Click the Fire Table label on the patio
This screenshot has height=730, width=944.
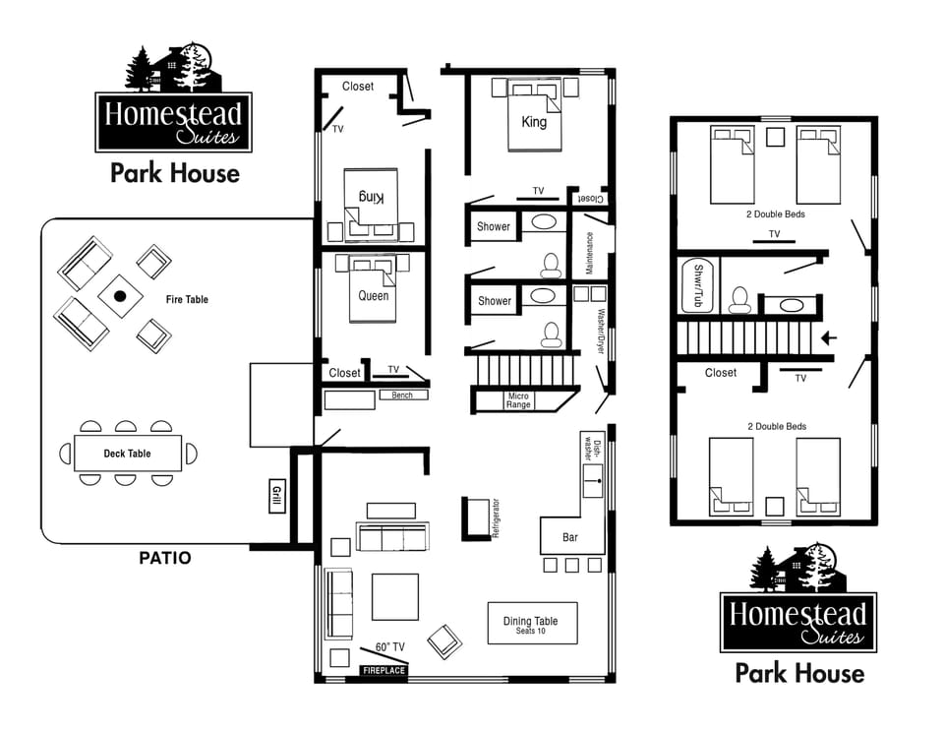pyautogui.click(x=187, y=299)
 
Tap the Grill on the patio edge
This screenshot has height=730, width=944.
pyautogui.click(x=276, y=496)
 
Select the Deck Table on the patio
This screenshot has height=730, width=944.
pyautogui.click(x=128, y=454)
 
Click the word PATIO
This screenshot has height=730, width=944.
pyautogui.click(x=165, y=558)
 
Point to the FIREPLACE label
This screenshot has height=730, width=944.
pyautogui.click(x=383, y=671)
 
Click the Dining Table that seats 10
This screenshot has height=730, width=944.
pyautogui.click(x=531, y=623)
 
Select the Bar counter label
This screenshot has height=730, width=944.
pyautogui.click(x=569, y=537)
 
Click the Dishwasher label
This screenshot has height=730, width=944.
pyautogui.click(x=592, y=449)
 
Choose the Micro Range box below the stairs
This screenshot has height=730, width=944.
pyautogui.click(x=518, y=400)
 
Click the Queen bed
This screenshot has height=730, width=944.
pyautogui.click(x=373, y=294)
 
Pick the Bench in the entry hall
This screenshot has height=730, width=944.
pyautogui.click(x=402, y=395)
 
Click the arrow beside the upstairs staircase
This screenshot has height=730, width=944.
pyautogui.click(x=830, y=338)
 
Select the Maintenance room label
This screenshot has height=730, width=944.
pyautogui.click(x=590, y=253)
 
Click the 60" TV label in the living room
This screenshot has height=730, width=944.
pyautogui.click(x=390, y=647)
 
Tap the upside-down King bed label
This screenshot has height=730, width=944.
pyautogui.click(x=371, y=197)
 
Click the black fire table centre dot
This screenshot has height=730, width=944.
pyautogui.click(x=121, y=295)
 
